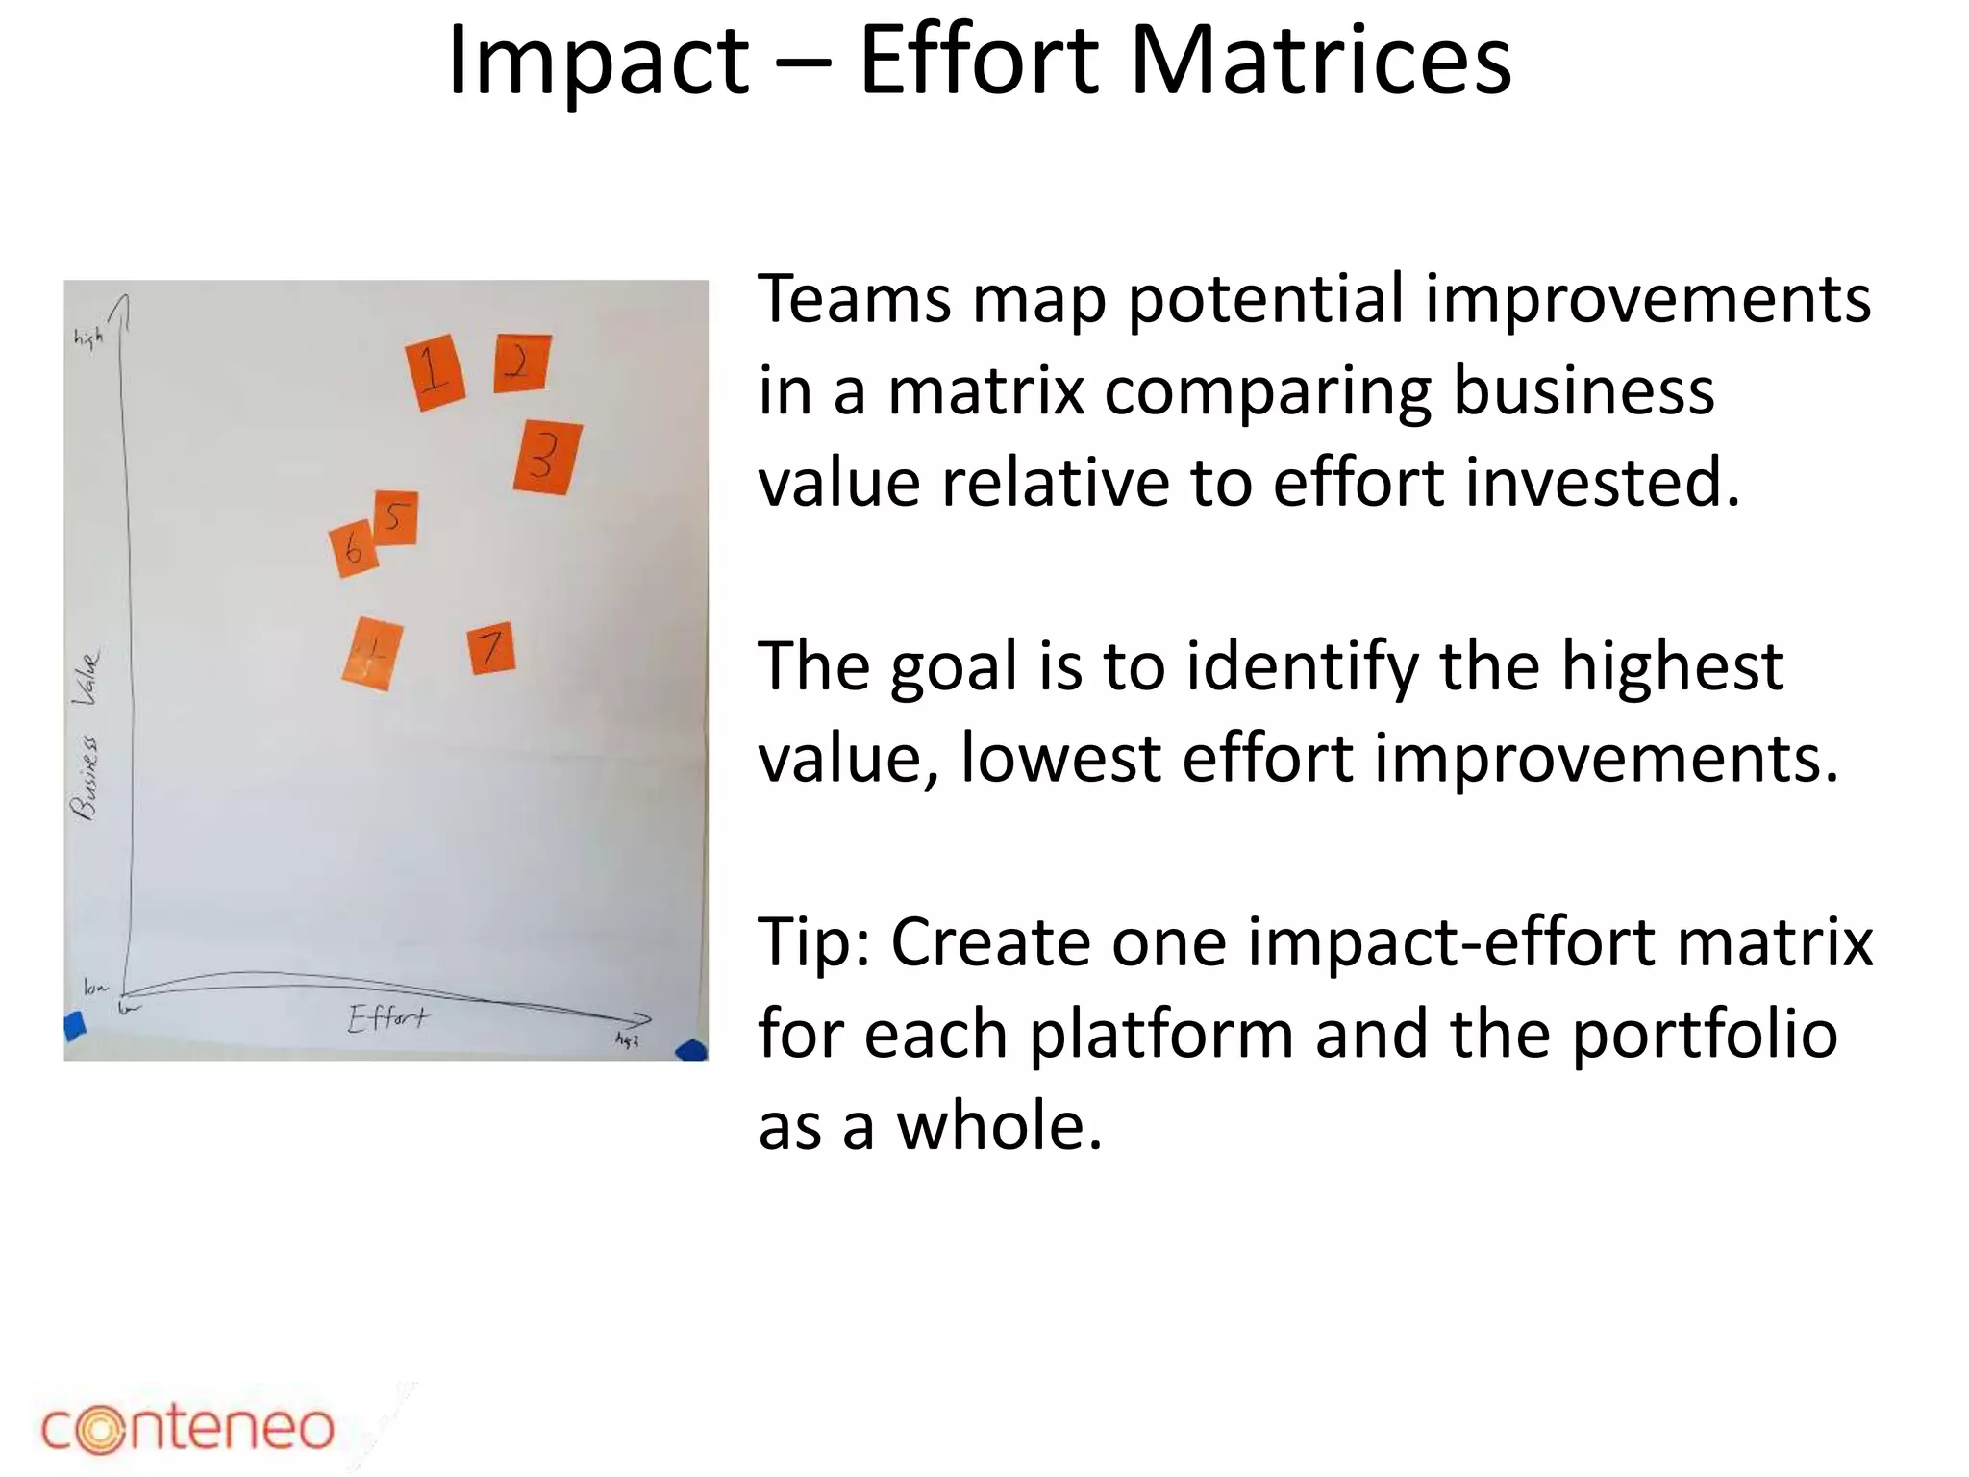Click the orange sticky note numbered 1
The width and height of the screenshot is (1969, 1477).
(436, 372)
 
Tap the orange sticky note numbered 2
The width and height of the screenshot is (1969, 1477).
(522, 363)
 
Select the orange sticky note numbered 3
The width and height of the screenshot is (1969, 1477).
(547, 458)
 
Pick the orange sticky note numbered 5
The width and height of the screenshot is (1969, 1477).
(395, 518)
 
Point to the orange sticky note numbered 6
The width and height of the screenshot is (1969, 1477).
(353, 550)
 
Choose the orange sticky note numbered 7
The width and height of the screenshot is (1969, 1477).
(491, 648)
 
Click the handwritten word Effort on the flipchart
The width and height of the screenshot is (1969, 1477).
(388, 1018)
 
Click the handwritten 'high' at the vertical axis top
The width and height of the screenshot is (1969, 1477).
(87, 338)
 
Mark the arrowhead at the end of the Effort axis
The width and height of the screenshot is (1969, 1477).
(642, 1019)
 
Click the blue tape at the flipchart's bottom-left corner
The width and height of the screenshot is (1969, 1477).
(74, 1026)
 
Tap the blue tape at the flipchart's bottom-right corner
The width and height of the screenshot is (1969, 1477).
(692, 1050)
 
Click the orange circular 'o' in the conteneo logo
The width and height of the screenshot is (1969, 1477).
(100, 1428)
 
